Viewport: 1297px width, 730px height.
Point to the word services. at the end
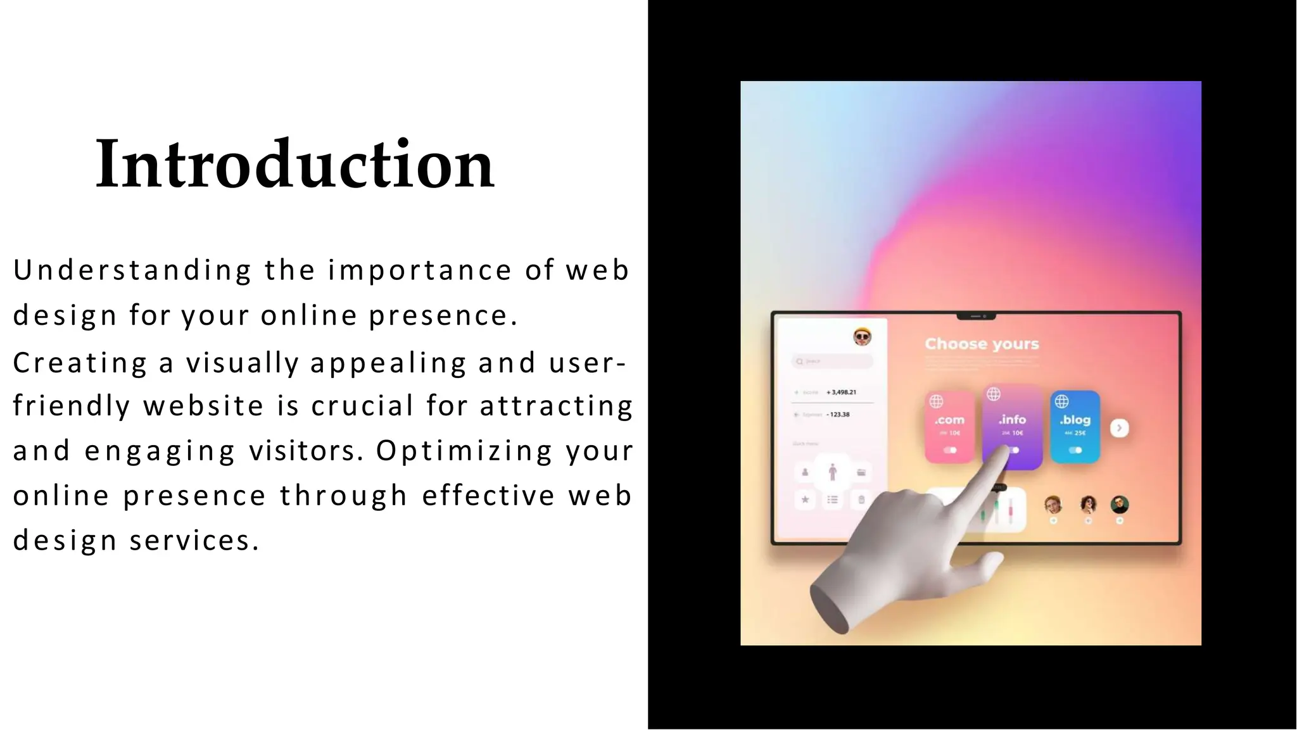tap(194, 541)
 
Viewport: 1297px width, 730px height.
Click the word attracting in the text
tap(556, 406)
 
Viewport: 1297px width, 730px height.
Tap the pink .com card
tap(949, 427)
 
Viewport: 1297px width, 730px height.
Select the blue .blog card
tap(1075, 427)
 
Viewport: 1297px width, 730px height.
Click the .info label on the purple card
tap(1012, 420)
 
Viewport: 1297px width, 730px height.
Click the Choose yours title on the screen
tap(982, 344)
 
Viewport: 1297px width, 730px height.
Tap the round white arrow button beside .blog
tap(1119, 428)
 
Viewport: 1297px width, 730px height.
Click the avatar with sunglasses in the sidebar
tap(862, 337)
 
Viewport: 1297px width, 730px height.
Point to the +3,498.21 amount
tap(841, 393)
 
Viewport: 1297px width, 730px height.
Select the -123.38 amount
tap(838, 415)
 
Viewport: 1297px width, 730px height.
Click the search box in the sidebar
tap(832, 362)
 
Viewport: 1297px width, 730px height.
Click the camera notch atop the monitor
tap(976, 315)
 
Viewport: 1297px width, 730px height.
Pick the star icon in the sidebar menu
tap(805, 500)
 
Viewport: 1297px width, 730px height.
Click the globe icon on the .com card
tap(936, 401)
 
